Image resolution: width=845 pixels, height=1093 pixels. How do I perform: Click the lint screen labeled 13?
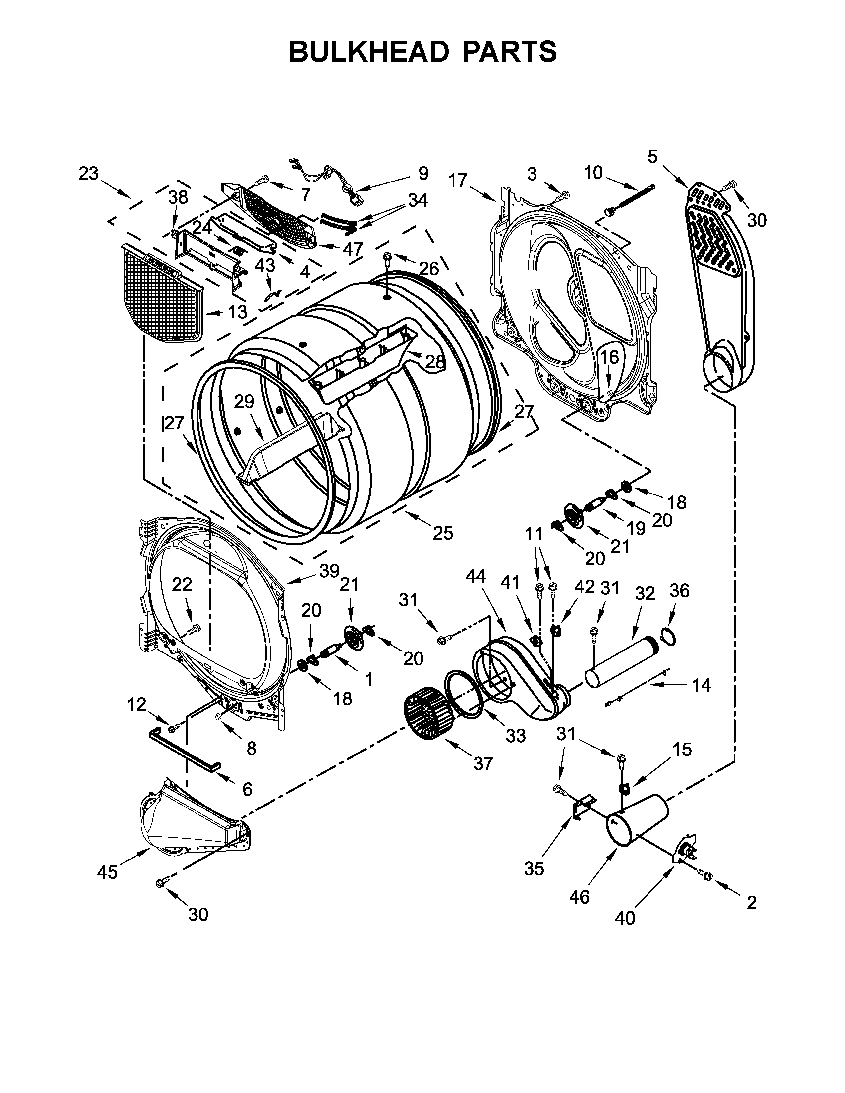click(163, 295)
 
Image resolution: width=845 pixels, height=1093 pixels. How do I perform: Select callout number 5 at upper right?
click(652, 157)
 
